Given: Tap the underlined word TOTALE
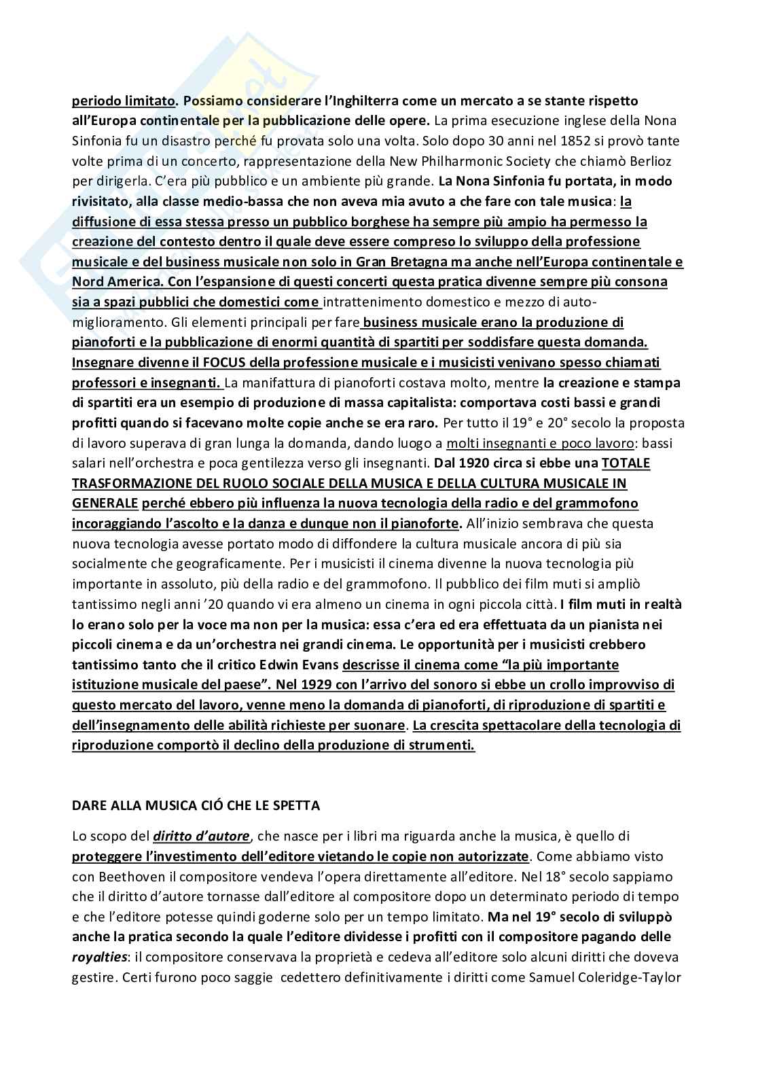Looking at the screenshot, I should coord(626,463).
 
